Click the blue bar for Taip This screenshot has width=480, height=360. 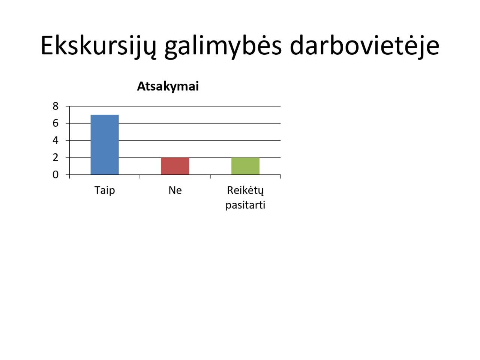105,144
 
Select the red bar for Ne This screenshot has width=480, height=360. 175,166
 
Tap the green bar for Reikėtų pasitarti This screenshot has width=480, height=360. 245,166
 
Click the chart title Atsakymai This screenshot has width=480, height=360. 168,86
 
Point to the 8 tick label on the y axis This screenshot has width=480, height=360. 55,106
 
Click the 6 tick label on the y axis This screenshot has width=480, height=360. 55,123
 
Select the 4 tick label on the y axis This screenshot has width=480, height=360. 55,140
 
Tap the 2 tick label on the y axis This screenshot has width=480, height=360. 55,157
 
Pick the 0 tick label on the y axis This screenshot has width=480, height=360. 55,175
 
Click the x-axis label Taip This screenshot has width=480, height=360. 105,190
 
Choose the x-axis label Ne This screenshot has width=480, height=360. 175,190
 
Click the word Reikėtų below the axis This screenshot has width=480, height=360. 245,190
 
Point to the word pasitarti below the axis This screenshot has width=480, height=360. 245,205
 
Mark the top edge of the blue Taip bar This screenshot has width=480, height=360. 105,115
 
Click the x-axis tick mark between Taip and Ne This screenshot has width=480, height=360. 140,177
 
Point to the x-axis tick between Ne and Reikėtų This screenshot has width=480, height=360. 210,177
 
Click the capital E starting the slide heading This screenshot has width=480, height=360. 47,45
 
